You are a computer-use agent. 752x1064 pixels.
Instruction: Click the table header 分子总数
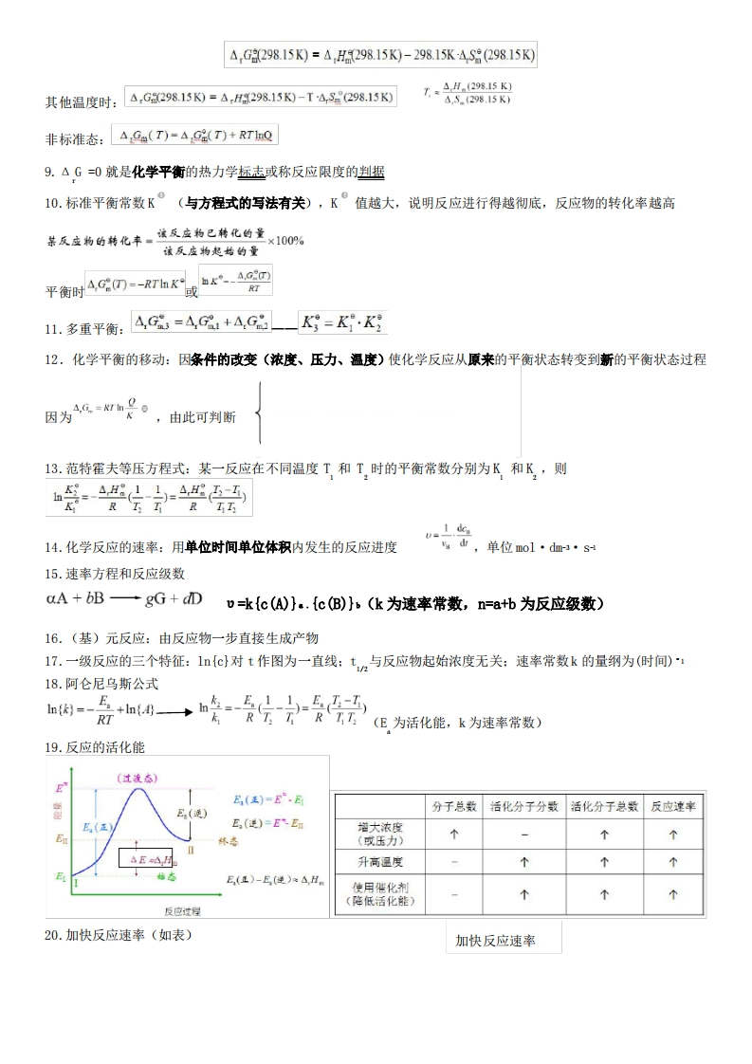click(454, 807)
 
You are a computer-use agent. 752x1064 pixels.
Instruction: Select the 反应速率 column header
click(673, 807)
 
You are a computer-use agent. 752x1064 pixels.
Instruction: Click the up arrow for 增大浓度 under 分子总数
click(454, 835)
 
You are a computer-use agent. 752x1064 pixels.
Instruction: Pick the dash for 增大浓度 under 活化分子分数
click(524, 835)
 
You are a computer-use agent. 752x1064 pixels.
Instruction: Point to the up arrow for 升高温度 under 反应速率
click(673, 862)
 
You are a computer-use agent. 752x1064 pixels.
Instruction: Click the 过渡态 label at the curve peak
click(138, 778)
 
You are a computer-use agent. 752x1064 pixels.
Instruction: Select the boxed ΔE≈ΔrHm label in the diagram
click(145, 859)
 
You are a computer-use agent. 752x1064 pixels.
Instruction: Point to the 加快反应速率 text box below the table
click(503, 940)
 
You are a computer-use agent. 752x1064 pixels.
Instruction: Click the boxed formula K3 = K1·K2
click(342, 322)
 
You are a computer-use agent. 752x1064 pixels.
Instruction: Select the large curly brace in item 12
click(259, 413)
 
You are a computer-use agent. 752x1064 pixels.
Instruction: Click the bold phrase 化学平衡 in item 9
click(158, 172)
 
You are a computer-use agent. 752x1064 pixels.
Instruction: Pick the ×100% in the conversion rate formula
click(286, 240)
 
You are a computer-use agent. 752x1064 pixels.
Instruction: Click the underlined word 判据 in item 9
click(372, 172)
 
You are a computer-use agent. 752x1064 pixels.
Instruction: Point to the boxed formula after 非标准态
click(194, 137)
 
